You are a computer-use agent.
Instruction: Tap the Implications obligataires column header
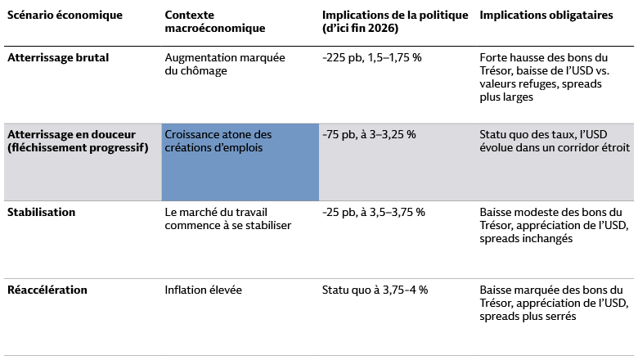pos(546,16)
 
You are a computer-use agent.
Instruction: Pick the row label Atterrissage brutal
pos(58,58)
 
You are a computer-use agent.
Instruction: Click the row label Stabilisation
pos(41,212)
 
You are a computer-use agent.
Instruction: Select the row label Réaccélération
pos(47,290)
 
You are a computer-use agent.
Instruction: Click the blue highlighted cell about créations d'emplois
pos(240,162)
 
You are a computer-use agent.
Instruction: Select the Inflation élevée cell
pos(204,290)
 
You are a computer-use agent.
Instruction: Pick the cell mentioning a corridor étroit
pos(555,141)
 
